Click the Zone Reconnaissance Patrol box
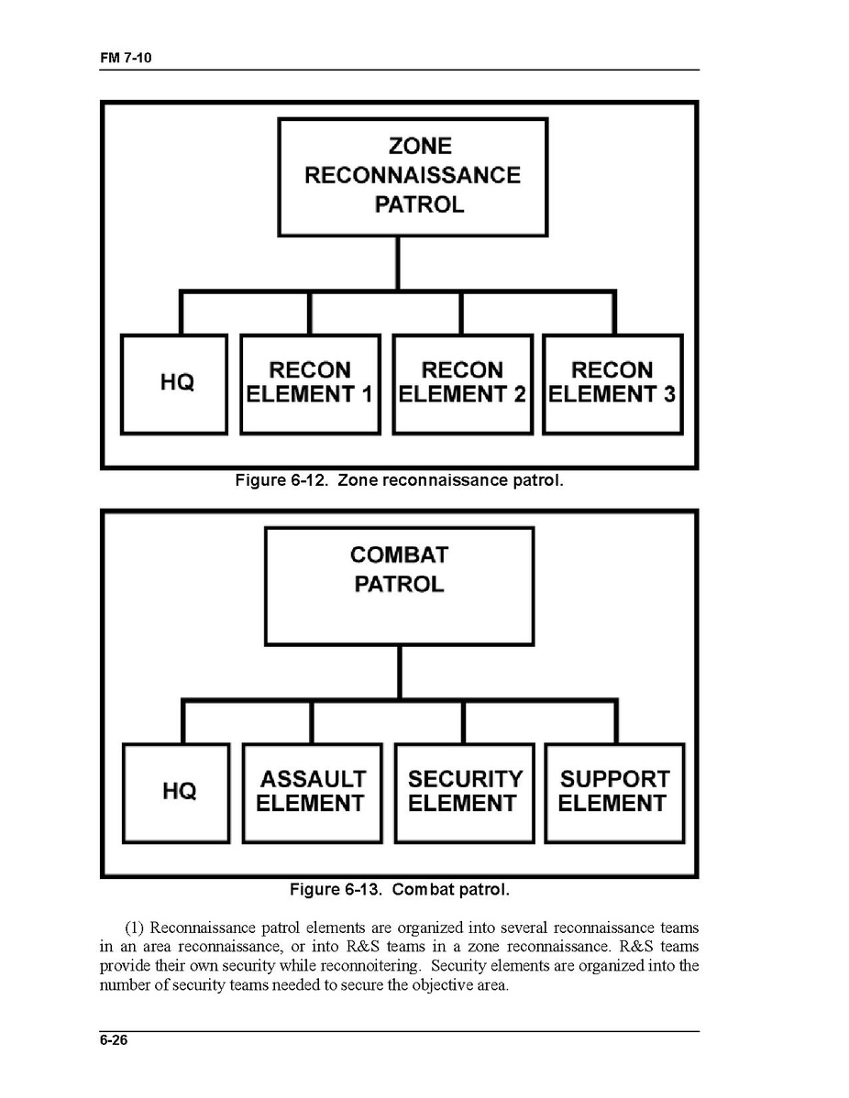pyautogui.click(x=413, y=176)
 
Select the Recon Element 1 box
pyautogui.click(x=310, y=384)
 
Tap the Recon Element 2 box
pyautogui.click(x=462, y=384)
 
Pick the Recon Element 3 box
pyautogui.click(x=612, y=384)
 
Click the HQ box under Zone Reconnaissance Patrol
pyautogui.click(x=174, y=384)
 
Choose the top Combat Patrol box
pyautogui.click(x=399, y=585)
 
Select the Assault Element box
pyautogui.click(x=312, y=793)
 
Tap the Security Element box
pyautogui.click(x=464, y=793)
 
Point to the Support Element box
pyautogui.click(x=614, y=793)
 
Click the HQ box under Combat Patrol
pyautogui.click(x=176, y=793)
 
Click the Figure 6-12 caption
pyautogui.click(x=399, y=480)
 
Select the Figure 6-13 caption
pyautogui.click(x=399, y=890)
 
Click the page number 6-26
pyautogui.click(x=115, y=1040)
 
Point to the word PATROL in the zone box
pyautogui.click(x=419, y=204)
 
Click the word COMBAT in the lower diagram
pyautogui.click(x=399, y=554)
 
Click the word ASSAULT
pyautogui.click(x=313, y=780)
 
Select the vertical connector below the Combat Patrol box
pyautogui.click(x=400, y=672)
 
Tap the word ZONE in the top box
pyautogui.click(x=420, y=146)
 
